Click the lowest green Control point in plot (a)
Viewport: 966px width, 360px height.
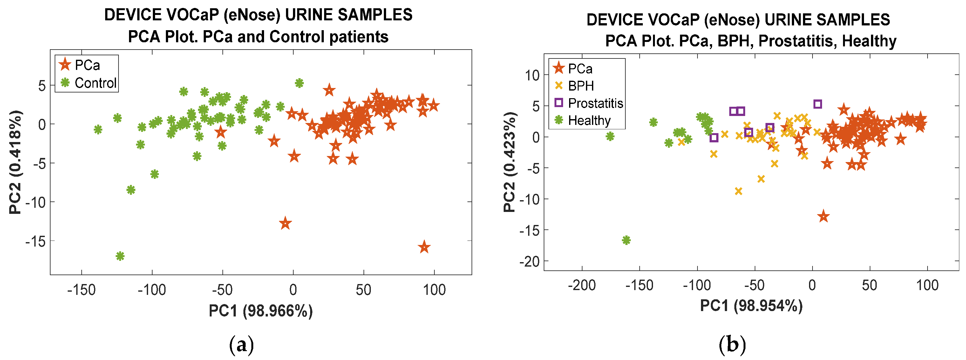[x=120, y=256]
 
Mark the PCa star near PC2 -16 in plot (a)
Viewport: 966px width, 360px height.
[x=424, y=247]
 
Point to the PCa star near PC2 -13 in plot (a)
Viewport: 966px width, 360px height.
[x=285, y=223]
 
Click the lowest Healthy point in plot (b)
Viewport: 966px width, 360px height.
[x=626, y=240]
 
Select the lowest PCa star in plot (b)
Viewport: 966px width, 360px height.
[x=823, y=216]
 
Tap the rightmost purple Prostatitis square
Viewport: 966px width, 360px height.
[x=818, y=104]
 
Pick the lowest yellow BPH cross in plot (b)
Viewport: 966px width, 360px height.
[x=738, y=191]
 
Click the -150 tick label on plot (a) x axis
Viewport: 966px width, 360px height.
[x=81, y=290]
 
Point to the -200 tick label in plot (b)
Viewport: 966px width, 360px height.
[x=582, y=285]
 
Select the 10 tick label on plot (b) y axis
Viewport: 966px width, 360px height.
[x=532, y=75]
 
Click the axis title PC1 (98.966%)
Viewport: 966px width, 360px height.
[x=261, y=311]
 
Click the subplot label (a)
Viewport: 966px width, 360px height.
[x=241, y=344]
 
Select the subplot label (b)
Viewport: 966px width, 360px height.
[x=732, y=344]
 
